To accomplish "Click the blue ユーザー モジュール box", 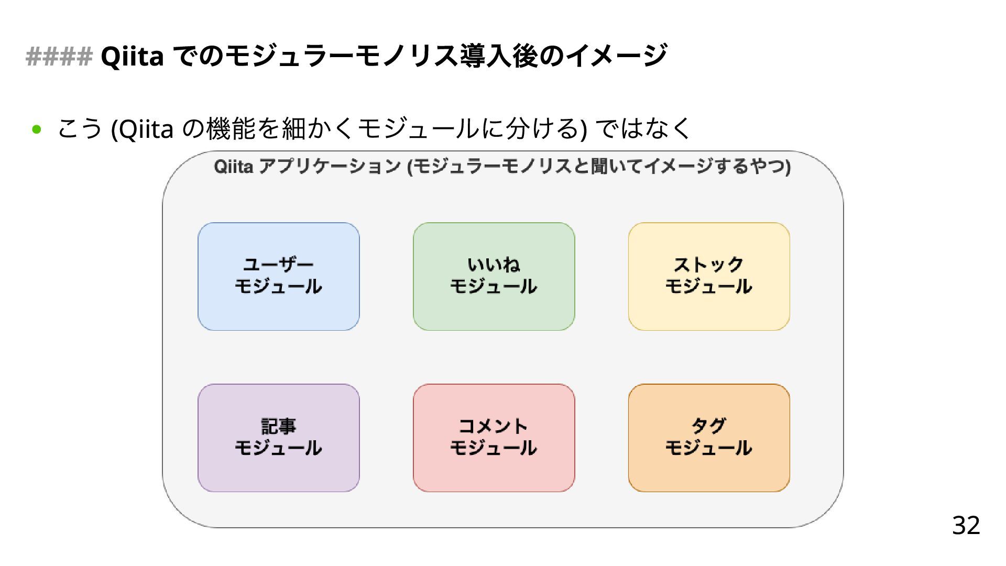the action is [278, 277].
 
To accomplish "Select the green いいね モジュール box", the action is [494, 277].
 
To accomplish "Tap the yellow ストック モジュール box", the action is [709, 277].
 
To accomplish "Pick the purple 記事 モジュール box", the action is [278, 438].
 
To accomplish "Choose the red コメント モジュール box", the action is [494, 438].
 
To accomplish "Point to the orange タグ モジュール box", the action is [709, 438].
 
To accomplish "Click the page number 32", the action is [966, 525].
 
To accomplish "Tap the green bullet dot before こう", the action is [36, 129].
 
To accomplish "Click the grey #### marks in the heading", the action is [59, 56].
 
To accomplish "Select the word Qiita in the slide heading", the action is [132, 56].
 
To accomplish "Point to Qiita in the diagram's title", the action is [234, 167].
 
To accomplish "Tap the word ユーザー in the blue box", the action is [278, 264].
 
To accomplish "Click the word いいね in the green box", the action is [494, 264].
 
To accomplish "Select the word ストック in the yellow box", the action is [709, 264].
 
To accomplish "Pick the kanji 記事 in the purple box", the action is [278, 426].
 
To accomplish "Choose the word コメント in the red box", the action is [494, 426].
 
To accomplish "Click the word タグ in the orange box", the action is [709, 426].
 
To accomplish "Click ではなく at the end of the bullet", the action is [644, 129].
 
